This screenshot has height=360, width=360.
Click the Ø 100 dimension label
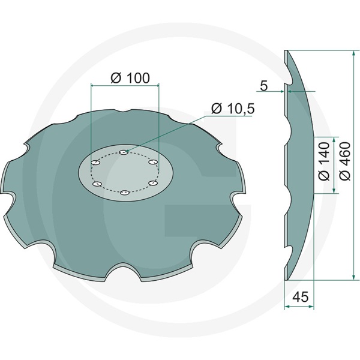tap(130, 78)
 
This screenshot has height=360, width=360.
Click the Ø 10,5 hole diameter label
tap(233, 109)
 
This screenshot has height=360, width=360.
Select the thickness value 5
tap(264, 86)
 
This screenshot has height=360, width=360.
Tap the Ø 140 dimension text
tap(324, 161)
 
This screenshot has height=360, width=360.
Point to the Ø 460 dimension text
tap(344, 161)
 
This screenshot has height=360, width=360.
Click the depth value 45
tap(300, 296)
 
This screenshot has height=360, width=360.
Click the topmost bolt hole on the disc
tap(124, 152)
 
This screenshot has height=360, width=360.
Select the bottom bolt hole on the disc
tap(125, 193)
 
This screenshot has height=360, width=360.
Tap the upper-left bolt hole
tap(96, 163)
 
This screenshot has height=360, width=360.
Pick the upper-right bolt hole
tap(153, 162)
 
